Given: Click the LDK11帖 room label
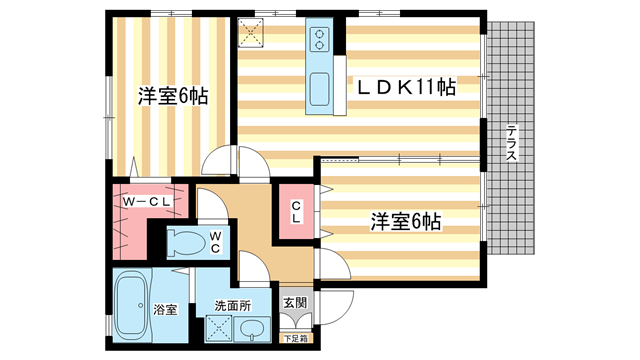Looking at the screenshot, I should click(407, 87).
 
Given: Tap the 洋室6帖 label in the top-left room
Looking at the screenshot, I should click(172, 97).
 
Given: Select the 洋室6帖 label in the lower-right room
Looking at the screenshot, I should click(406, 219).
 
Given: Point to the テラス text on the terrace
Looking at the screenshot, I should click(510, 146).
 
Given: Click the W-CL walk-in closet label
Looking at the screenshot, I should click(148, 202).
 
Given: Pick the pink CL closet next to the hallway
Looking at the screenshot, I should click(297, 211).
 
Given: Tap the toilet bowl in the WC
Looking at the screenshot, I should click(185, 241).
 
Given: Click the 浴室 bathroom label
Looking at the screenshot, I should click(166, 310).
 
